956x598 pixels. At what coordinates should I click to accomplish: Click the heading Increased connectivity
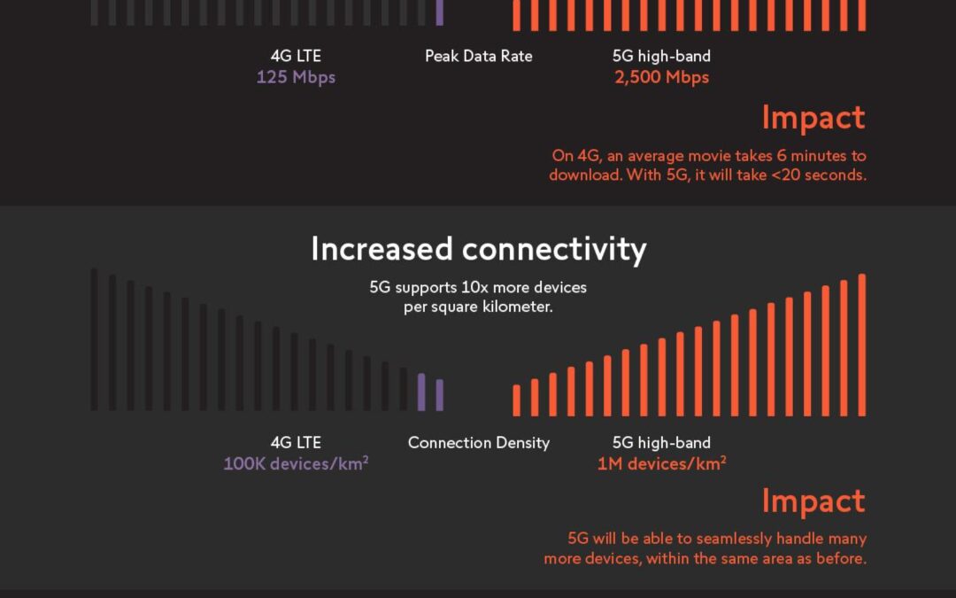(x=478, y=250)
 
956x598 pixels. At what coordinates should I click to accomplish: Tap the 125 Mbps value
(x=296, y=77)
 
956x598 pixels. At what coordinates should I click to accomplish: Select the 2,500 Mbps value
(x=661, y=77)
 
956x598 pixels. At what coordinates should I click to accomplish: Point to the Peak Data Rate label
(x=478, y=56)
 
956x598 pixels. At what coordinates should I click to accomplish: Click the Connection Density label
(x=478, y=442)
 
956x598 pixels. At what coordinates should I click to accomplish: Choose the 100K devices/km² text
(x=296, y=463)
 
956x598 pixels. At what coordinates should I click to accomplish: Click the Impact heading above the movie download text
(x=813, y=118)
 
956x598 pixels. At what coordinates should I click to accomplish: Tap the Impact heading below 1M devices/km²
(x=813, y=501)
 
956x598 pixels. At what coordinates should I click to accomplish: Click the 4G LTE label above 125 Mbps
(x=296, y=56)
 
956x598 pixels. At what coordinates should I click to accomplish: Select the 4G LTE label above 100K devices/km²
(x=296, y=442)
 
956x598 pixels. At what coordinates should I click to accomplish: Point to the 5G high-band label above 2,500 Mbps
(x=661, y=56)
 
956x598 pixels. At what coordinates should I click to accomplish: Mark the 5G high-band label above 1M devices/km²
(x=661, y=442)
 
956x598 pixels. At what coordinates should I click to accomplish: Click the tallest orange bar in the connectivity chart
(x=862, y=346)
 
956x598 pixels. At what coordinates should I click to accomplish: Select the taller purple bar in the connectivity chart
(x=421, y=392)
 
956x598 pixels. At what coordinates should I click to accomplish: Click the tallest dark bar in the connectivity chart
(x=95, y=339)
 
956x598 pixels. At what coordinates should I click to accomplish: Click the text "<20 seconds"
(x=821, y=175)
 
